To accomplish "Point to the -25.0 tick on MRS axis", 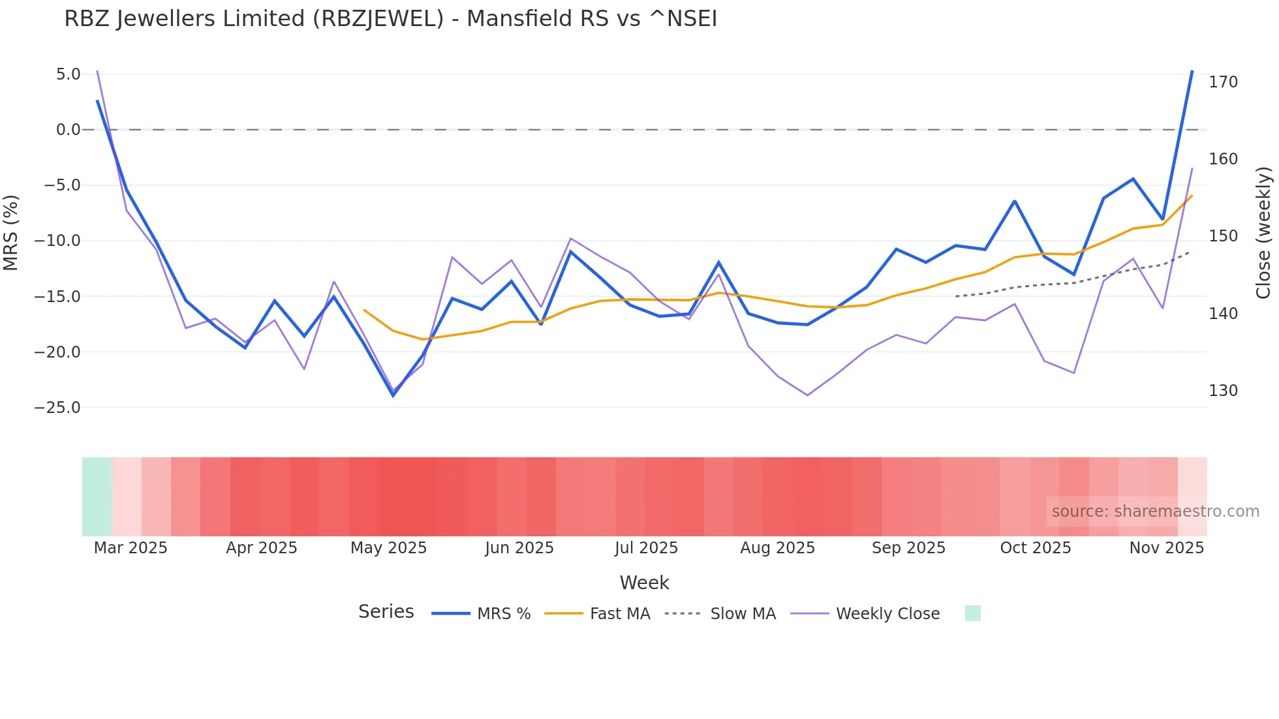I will tap(57, 408).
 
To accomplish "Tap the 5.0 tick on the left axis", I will tap(68, 74).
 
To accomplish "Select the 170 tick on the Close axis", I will tap(1223, 82).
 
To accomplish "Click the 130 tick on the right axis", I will tap(1223, 391).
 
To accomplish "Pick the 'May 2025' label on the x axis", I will tap(388, 548).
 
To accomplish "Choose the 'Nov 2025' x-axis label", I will tap(1166, 548).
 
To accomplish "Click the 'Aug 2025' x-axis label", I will tap(777, 548).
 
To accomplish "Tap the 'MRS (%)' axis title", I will tap(11, 232).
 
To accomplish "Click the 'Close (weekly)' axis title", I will tap(1263, 232).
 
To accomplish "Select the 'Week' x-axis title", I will tap(644, 583).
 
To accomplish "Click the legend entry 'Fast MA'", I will tap(619, 614).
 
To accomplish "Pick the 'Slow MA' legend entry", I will tap(743, 614).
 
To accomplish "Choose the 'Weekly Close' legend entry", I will tap(887, 614).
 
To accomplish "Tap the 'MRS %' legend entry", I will tap(503, 614).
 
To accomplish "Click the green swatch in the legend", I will tap(972, 613).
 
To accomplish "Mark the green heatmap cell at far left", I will tap(97, 497).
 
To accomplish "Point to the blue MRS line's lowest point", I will tap(393, 395).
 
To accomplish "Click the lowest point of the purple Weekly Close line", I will tap(807, 395).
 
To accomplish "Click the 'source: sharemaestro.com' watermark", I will tap(1155, 512).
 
